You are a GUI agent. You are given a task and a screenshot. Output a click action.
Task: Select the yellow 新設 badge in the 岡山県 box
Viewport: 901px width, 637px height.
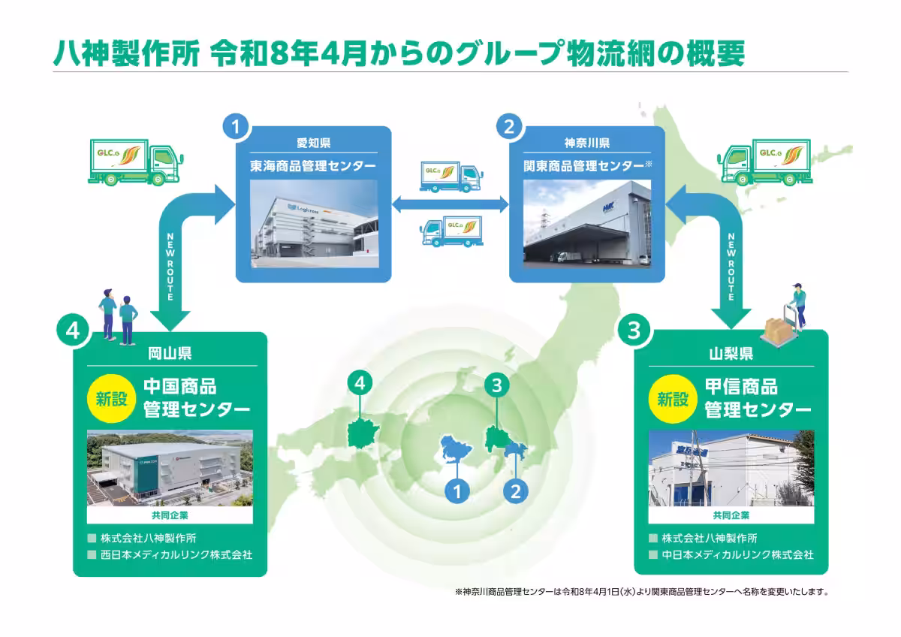coord(110,398)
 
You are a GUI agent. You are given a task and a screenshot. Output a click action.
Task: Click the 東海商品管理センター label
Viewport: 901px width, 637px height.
coord(313,165)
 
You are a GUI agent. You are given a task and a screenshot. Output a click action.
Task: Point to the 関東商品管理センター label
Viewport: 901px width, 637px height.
coord(583,165)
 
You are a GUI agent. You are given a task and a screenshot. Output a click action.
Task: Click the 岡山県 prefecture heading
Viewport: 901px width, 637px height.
coord(170,351)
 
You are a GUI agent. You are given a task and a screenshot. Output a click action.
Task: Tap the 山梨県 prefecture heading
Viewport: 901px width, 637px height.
coord(731,351)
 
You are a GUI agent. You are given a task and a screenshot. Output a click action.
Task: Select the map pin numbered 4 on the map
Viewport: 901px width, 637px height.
coord(360,383)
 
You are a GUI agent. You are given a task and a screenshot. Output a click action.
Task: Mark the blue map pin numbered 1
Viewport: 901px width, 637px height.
coord(457,491)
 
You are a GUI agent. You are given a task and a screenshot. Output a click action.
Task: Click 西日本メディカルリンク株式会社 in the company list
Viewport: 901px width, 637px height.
coord(175,555)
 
